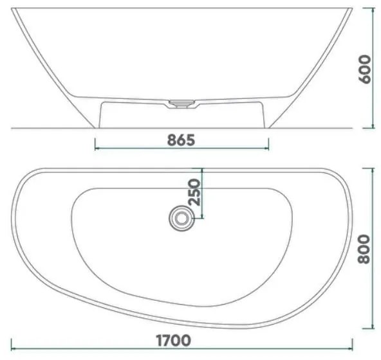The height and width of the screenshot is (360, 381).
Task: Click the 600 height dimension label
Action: pyautogui.click(x=365, y=69)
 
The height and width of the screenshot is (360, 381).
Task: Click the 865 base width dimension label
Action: pyautogui.click(x=181, y=140)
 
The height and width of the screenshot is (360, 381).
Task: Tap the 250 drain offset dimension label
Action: pyautogui.click(x=194, y=192)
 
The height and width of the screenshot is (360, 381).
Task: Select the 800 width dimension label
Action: pyautogui.click(x=364, y=249)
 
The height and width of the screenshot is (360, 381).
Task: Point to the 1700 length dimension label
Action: pyautogui.click(x=173, y=340)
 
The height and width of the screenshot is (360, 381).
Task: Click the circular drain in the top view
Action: pyautogui.click(x=181, y=218)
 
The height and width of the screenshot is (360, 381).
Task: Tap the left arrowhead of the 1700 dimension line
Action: pyautogui.click(x=14, y=349)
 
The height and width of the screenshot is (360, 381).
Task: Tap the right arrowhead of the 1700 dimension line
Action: pyautogui.click(x=350, y=349)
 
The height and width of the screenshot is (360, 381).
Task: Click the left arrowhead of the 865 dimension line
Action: pyautogui.click(x=97, y=148)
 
